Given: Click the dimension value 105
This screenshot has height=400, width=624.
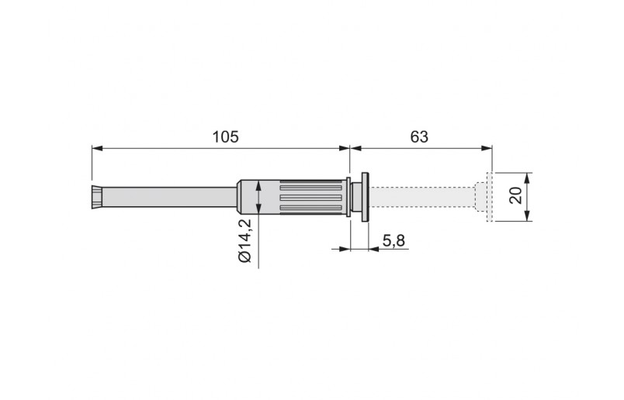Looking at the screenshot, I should tap(224, 136).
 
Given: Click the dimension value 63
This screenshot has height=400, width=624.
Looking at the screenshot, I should tap(419, 136).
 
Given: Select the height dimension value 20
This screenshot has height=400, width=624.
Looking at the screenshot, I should tap(515, 195).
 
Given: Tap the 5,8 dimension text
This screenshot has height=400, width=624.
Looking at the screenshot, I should tap(393, 241).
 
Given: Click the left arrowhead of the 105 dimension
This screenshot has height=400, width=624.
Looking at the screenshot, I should tap(96, 147).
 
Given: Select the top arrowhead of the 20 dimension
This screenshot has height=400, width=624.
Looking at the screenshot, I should tap(527, 176).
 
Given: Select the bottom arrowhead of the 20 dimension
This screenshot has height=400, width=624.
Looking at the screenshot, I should tap(527, 216).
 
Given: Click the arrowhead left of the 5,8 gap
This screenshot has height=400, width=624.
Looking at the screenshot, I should tap(346, 249).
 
